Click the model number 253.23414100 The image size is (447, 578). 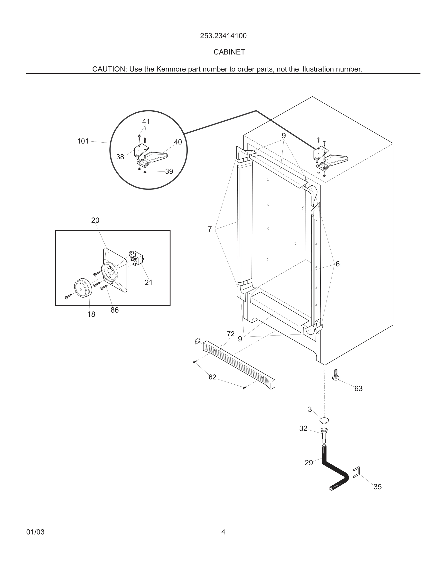[223, 36]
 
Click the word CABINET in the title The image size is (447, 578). [229, 52]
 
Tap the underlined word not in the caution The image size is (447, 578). [281, 69]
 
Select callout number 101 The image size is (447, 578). [83, 141]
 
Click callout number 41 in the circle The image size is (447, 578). [146, 121]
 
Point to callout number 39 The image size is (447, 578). [169, 172]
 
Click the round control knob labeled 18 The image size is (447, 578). [83, 288]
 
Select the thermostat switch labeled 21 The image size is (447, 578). [136, 258]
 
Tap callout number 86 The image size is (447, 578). [114, 310]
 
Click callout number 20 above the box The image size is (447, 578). [95, 220]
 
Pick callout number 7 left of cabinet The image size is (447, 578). [210, 229]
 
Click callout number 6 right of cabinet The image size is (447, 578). [337, 264]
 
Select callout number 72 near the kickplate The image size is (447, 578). [230, 334]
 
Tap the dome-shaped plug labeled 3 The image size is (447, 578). [324, 420]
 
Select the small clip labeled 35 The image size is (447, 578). [357, 472]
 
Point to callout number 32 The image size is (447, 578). [303, 428]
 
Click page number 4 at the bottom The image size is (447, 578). [223, 532]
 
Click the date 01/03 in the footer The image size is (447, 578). [35, 532]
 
